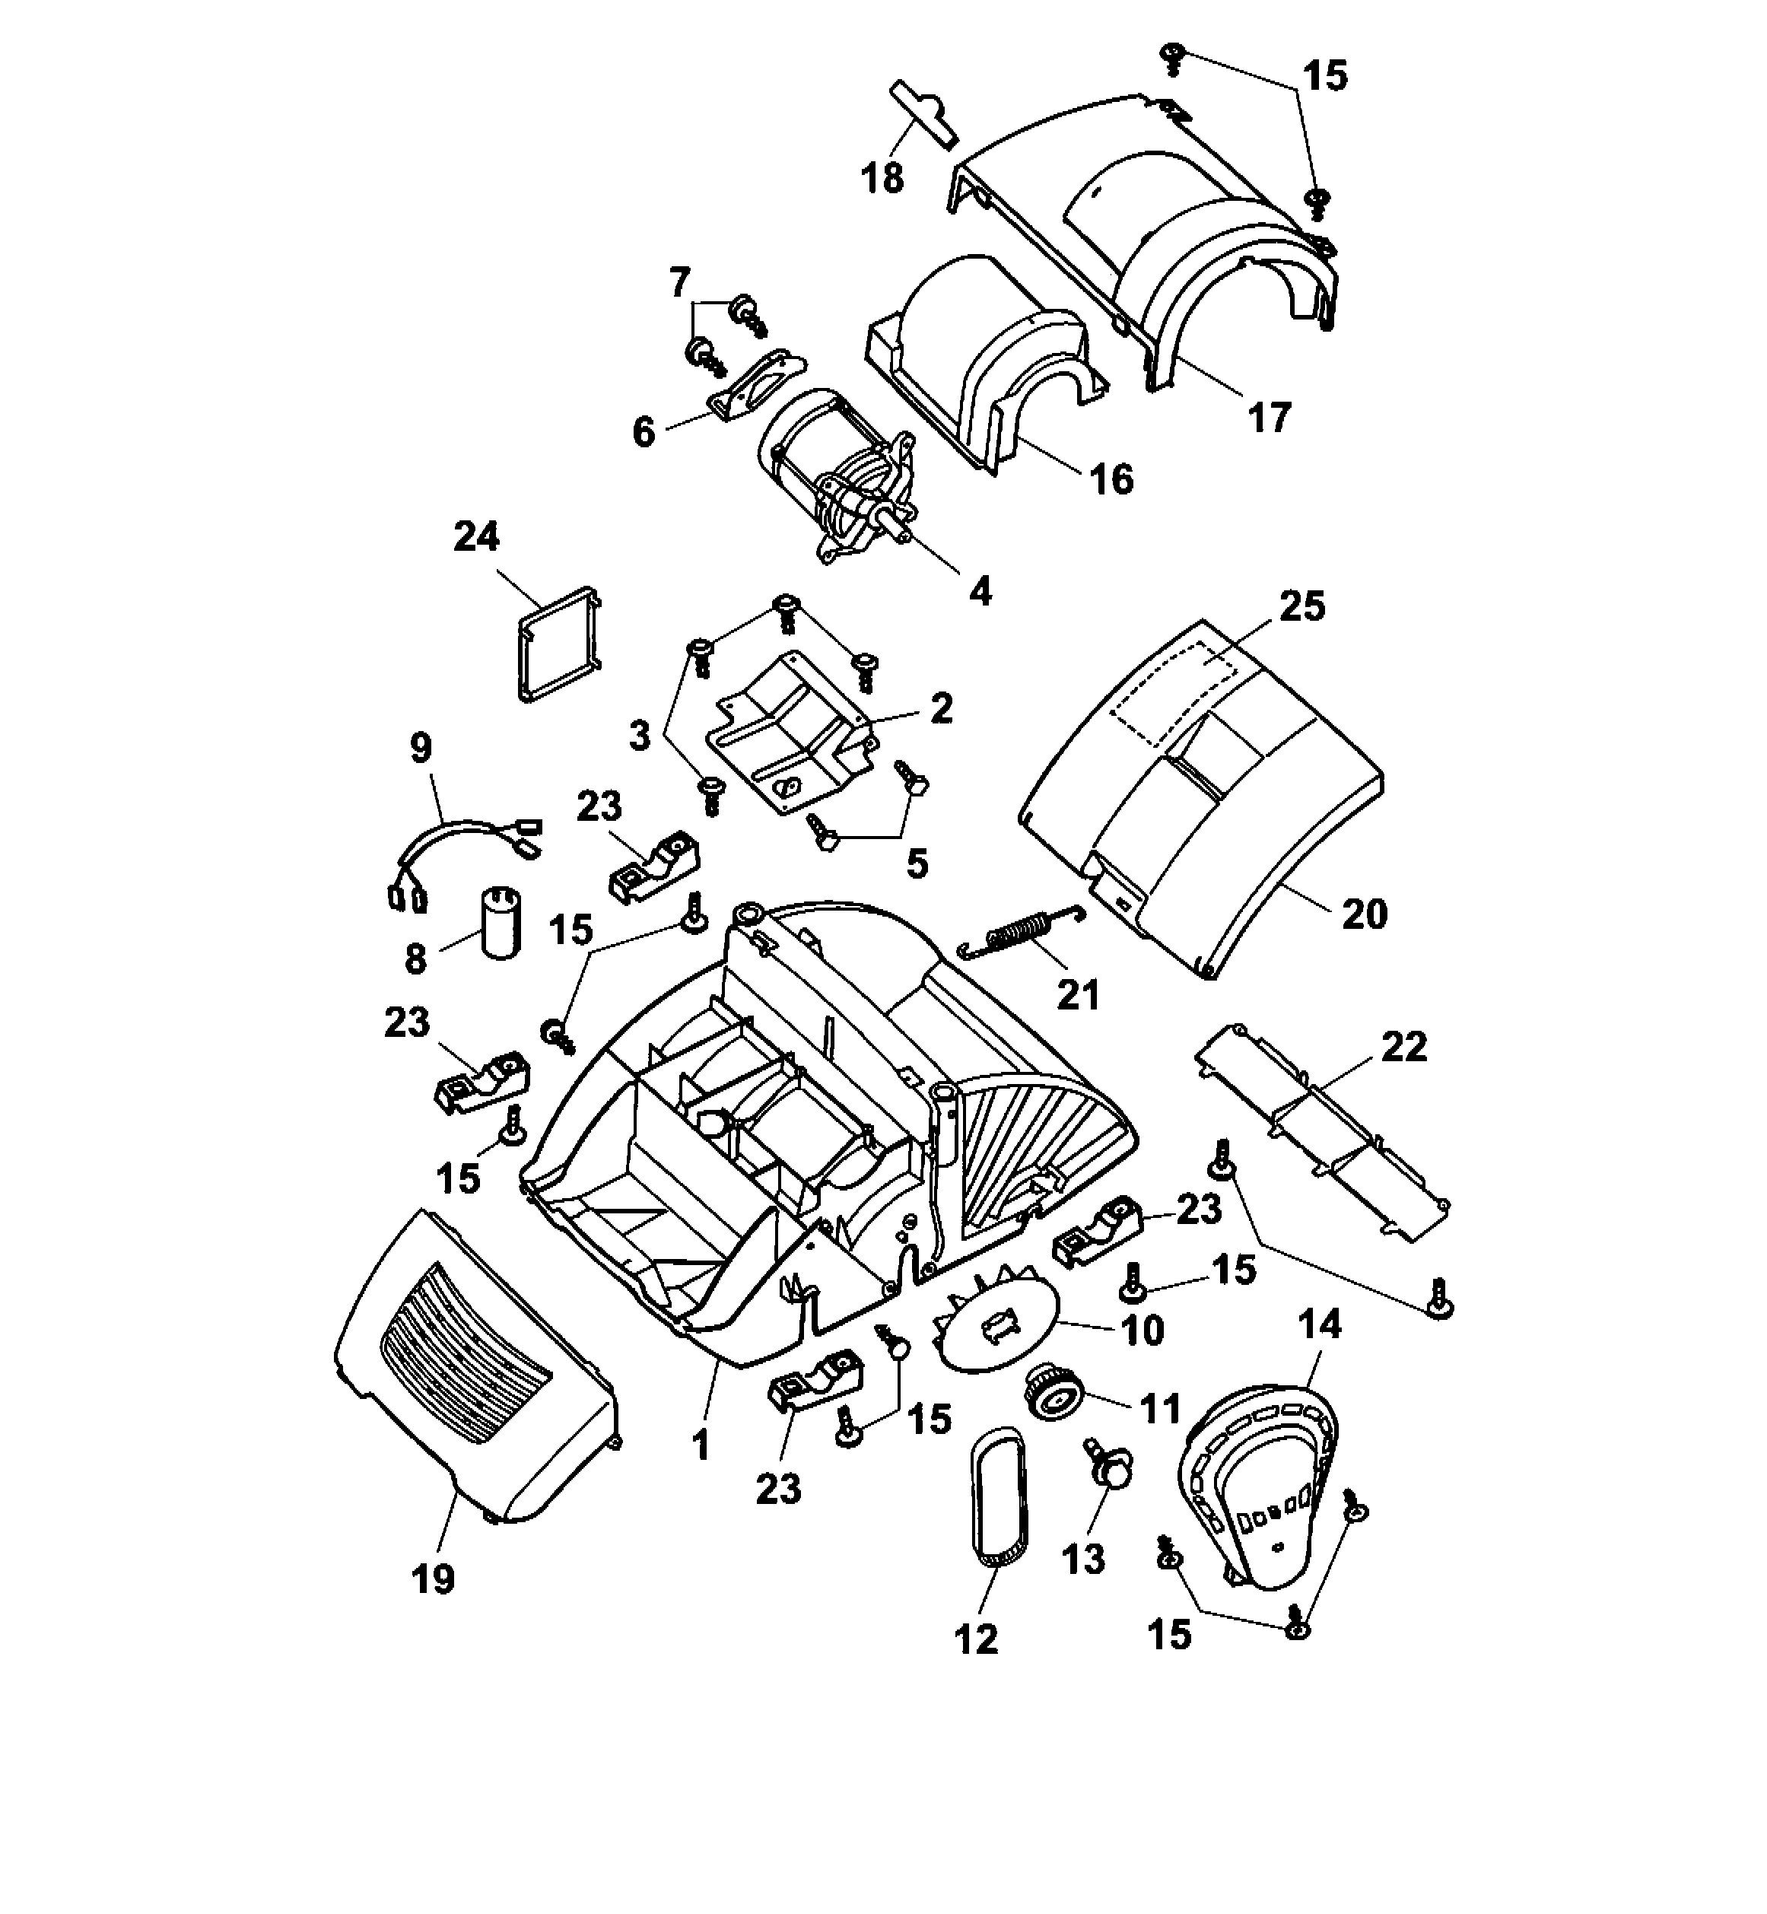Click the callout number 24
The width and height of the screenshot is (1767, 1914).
tap(476, 536)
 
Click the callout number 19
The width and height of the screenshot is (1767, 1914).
tap(433, 1579)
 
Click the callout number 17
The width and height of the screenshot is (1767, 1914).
tap(1269, 417)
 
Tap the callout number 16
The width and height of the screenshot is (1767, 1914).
tap(1112, 479)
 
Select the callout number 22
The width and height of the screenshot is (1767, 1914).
tap(1403, 1047)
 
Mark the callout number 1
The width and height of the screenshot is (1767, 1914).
tap(702, 1446)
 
